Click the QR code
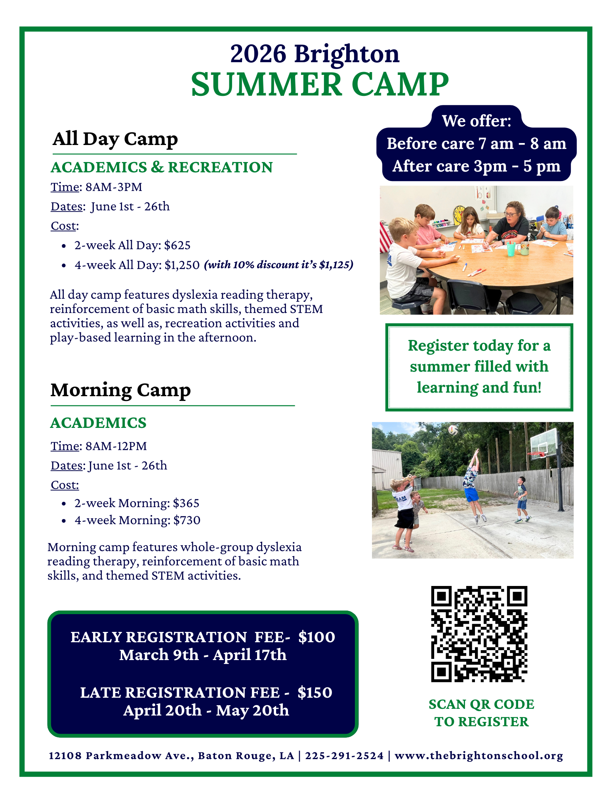point(479,634)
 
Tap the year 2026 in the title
point(258,53)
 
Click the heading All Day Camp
point(115,139)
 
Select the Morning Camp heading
point(120,390)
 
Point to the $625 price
point(177,245)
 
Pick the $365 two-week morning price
point(186,503)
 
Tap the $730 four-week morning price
point(187,520)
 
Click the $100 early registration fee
point(316,637)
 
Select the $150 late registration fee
point(315,693)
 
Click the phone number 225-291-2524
point(345,756)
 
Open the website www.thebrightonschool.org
point(479,756)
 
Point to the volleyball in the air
point(454,430)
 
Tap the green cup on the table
point(511,249)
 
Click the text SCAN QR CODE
point(481,704)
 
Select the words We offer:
point(477,121)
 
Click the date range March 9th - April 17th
point(203,655)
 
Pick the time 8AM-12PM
point(116,446)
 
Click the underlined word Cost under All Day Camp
point(63,226)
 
